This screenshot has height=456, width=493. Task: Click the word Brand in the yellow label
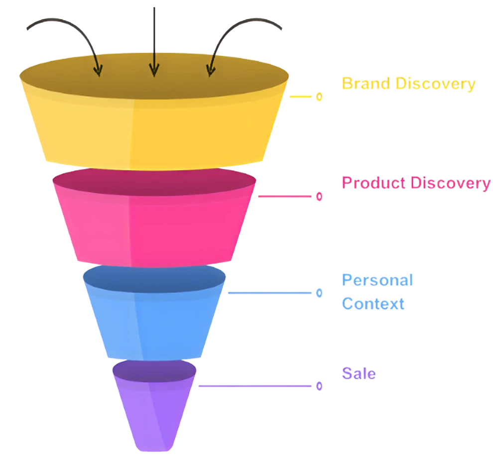[x=366, y=83]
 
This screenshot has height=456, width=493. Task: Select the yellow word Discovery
[x=435, y=84]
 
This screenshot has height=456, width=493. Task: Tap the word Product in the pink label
[x=373, y=183]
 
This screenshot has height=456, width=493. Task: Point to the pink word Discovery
[x=450, y=183]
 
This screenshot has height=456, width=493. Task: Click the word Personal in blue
[x=377, y=280]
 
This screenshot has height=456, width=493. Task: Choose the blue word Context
[x=373, y=303]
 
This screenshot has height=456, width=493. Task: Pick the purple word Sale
[x=359, y=373]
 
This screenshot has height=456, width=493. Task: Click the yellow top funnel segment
[x=154, y=129]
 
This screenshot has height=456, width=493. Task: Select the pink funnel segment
[x=154, y=224]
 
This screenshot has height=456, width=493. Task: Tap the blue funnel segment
[x=154, y=319]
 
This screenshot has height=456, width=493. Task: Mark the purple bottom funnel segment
[x=154, y=408]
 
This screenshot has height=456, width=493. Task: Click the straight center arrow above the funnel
[x=154, y=40]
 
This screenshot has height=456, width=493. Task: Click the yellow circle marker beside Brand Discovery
[x=319, y=97]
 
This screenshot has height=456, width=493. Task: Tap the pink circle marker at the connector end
[x=319, y=197]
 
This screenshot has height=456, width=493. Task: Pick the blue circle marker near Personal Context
[x=319, y=293]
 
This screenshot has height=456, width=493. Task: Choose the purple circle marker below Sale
[x=319, y=386]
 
